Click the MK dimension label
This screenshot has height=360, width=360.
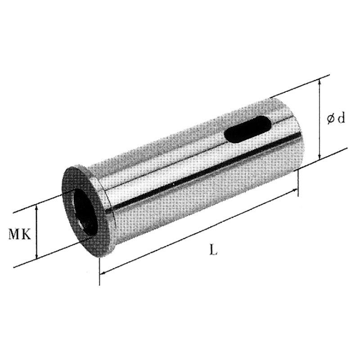click(19, 234)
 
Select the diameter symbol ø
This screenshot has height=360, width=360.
click(331, 119)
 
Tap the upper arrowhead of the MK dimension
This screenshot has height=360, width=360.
click(36, 208)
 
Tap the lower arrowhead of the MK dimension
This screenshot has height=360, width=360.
click(36, 256)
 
